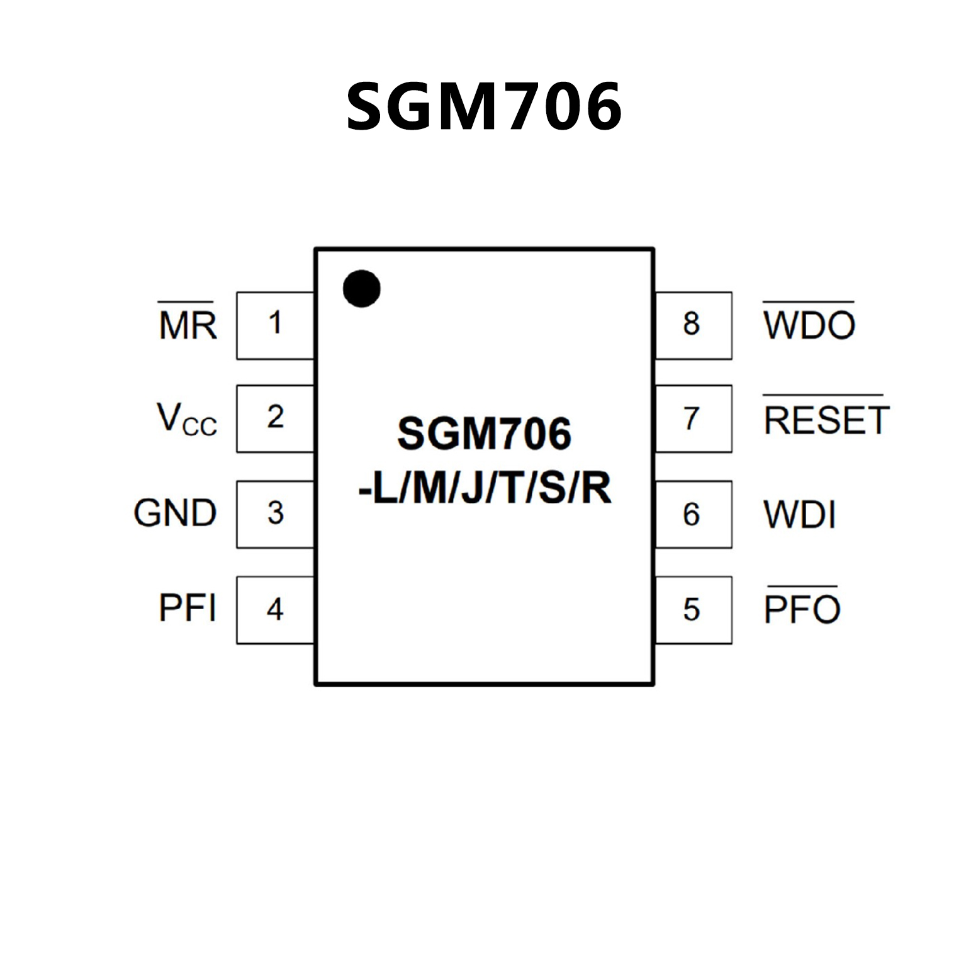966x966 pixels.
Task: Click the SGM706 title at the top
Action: tap(484, 107)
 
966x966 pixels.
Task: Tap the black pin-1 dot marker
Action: tap(361, 289)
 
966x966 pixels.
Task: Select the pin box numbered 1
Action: tap(275, 325)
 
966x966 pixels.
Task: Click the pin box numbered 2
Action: tap(275, 418)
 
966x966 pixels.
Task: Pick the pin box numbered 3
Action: tap(275, 514)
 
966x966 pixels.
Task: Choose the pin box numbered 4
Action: tap(275, 610)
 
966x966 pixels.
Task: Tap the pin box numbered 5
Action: tap(693, 610)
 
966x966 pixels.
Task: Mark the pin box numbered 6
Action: tap(693, 514)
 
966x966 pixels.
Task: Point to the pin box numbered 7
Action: tap(693, 418)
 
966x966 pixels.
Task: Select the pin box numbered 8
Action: tap(693, 325)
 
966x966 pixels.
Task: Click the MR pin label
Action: tap(187, 325)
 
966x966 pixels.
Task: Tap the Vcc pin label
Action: tap(186, 420)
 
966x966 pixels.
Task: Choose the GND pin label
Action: tap(175, 514)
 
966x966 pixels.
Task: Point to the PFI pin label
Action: tap(187, 609)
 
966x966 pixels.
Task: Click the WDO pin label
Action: tap(809, 325)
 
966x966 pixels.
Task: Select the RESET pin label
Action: tap(826, 420)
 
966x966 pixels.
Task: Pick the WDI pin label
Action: tap(799, 515)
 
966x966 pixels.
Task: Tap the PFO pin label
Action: tap(802, 609)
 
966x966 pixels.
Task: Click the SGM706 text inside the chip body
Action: tap(484, 434)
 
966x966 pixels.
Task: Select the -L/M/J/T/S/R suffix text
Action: tap(484, 488)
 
